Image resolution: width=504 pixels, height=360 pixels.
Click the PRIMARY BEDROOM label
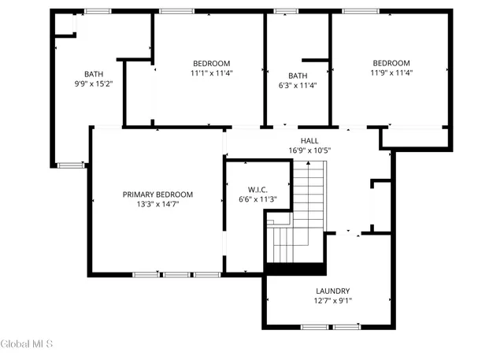(x=157, y=195)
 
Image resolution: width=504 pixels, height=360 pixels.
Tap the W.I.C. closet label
(x=258, y=190)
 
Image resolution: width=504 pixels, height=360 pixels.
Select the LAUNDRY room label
(x=332, y=291)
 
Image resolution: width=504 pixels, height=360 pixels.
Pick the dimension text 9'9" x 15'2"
(x=94, y=84)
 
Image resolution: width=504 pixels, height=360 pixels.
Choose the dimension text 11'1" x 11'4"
(x=211, y=72)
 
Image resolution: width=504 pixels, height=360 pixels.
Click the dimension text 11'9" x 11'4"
(x=391, y=72)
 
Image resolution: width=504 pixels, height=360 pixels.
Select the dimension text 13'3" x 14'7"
(x=157, y=203)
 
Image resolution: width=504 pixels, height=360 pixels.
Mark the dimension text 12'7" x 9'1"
(x=332, y=300)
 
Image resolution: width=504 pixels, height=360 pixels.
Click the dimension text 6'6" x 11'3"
(x=258, y=199)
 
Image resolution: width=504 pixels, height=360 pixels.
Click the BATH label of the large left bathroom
(x=94, y=75)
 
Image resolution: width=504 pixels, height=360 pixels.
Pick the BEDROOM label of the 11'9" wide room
(x=391, y=64)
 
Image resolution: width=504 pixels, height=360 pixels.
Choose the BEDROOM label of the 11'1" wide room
(x=211, y=64)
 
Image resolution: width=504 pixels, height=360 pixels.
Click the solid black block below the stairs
(x=295, y=268)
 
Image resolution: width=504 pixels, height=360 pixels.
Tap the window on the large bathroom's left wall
(x=71, y=165)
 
